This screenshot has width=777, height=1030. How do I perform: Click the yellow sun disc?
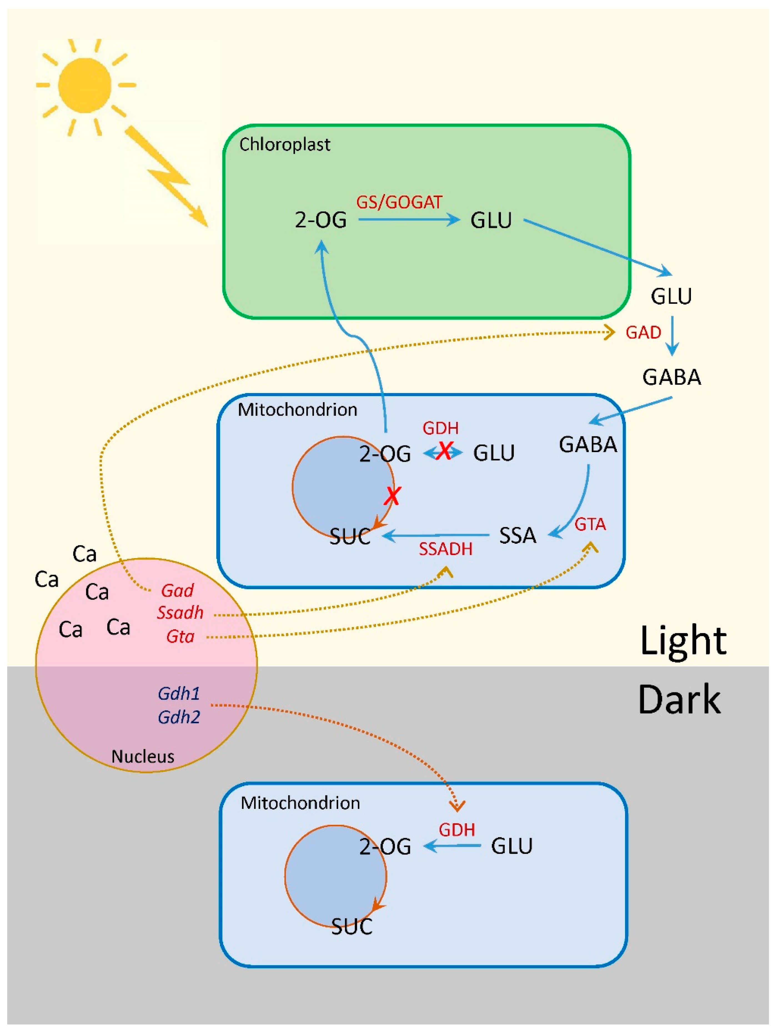click(85, 85)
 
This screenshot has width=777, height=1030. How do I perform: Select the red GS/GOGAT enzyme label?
click(399, 202)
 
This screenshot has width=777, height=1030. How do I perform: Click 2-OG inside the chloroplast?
click(321, 220)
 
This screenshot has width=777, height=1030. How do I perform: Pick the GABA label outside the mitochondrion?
click(671, 377)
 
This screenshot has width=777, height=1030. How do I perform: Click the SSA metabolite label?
click(517, 535)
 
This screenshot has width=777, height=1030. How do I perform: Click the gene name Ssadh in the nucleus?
click(180, 613)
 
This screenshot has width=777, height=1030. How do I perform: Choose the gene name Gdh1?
click(179, 694)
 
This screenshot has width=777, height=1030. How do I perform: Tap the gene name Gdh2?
click(179, 717)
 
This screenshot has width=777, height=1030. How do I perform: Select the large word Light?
click(683, 642)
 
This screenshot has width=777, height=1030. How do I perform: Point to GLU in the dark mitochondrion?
click(511, 846)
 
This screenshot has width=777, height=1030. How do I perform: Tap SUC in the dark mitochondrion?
click(352, 927)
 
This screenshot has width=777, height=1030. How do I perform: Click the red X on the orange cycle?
click(392, 496)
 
